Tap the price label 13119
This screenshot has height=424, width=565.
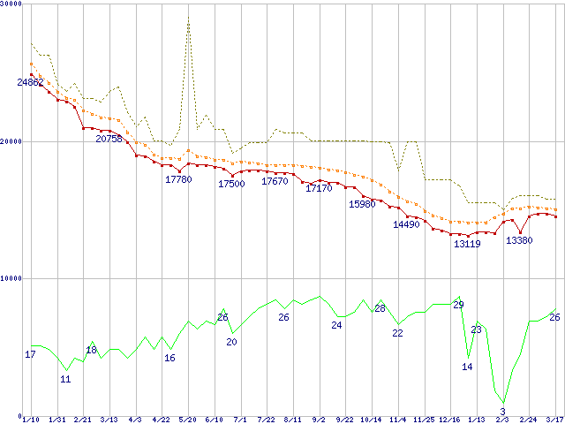(467, 244)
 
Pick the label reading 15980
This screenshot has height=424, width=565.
(362, 204)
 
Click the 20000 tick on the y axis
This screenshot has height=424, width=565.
(11, 141)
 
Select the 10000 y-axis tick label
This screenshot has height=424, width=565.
(11, 278)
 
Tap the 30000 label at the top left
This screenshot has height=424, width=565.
(11, 4)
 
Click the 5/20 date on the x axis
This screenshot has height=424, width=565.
(187, 420)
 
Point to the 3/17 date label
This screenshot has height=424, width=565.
(554, 420)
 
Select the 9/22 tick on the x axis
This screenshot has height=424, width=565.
(345, 420)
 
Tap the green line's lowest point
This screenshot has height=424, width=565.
(504, 402)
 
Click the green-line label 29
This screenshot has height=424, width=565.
(458, 305)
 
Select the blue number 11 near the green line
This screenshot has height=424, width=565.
(65, 378)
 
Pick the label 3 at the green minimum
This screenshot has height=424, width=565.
(502, 412)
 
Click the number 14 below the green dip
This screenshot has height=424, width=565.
(467, 367)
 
